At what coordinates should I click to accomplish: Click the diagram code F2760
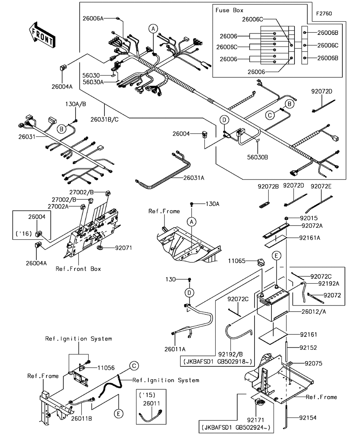(x=324, y=14)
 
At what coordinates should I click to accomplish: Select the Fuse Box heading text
(x=229, y=10)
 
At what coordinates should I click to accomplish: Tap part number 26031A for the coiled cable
(x=194, y=178)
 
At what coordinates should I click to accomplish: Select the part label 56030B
(x=257, y=157)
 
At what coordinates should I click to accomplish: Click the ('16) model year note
(x=24, y=234)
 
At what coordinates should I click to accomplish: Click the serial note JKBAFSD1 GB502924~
(x=236, y=428)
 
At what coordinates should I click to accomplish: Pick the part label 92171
(x=256, y=420)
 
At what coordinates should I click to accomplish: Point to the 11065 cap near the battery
(x=261, y=262)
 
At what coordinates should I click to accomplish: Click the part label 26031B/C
(x=104, y=119)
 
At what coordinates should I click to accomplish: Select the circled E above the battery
(x=276, y=256)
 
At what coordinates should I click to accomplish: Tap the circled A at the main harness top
(x=153, y=29)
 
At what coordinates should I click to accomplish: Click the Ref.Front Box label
(x=78, y=269)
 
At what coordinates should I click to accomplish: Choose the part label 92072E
(x=321, y=186)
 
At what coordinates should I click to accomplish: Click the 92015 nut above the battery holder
(x=286, y=218)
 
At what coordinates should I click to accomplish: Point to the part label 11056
(x=106, y=368)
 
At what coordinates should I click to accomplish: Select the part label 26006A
(x=93, y=18)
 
